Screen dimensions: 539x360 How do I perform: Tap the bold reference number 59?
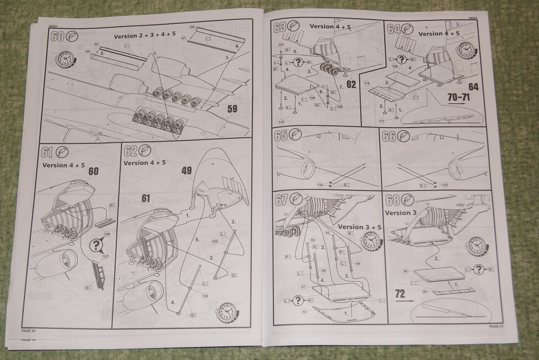(232, 109)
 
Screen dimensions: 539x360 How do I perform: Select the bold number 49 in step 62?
(187, 170)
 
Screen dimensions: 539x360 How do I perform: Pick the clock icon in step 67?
(371, 241)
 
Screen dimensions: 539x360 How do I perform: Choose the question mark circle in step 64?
(401, 60)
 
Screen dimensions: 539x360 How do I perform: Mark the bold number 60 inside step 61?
(93, 171)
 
